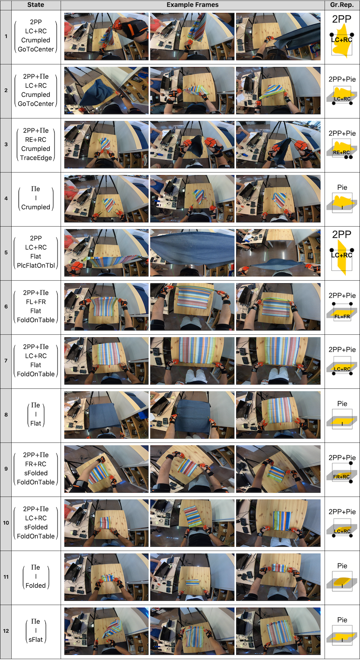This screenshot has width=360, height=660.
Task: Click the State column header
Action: click(35, 5)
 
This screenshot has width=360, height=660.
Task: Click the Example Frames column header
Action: click(193, 5)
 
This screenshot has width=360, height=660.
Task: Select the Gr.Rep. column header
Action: click(342, 5)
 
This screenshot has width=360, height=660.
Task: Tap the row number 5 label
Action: click(6, 253)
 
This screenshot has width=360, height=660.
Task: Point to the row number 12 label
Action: click(6, 631)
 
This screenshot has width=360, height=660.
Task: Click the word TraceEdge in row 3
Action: click(35, 157)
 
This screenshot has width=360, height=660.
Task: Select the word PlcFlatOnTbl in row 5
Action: click(35, 266)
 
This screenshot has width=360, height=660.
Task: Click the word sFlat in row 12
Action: click(35, 639)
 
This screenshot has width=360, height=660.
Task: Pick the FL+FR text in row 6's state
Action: click(35, 302)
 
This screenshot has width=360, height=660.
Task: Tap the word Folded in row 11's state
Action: click(35, 585)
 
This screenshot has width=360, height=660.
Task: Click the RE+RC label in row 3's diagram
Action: click(341, 152)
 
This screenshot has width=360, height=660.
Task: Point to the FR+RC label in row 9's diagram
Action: click(341, 477)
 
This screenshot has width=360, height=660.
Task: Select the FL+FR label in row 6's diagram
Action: click(342, 317)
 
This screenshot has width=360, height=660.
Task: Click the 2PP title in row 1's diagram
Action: click(342, 19)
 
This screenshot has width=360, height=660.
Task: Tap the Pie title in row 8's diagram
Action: click(342, 404)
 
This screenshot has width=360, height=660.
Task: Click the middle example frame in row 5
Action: click(192, 253)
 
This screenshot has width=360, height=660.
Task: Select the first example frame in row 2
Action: click(106, 90)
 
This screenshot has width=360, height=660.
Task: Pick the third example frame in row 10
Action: click(278, 523)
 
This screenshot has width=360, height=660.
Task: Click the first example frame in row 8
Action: click(106, 415)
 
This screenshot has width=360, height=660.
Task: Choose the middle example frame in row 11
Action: click(192, 577)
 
